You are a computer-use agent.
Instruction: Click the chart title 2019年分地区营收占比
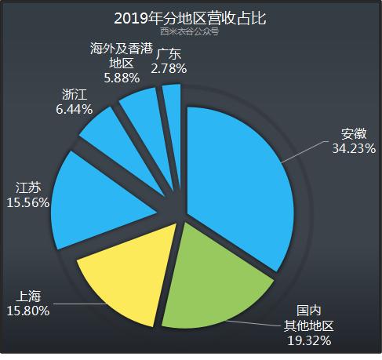(x=191, y=18)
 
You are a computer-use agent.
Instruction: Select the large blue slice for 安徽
(x=235, y=180)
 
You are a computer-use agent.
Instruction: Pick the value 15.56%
(x=28, y=202)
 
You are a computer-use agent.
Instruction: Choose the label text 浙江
(x=73, y=96)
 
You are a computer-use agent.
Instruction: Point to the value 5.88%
(x=122, y=78)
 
